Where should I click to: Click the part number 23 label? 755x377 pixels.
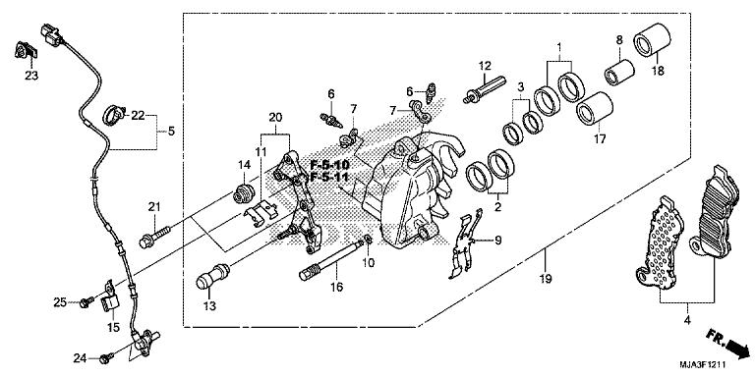[30, 77]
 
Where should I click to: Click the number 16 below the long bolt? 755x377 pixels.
[336, 288]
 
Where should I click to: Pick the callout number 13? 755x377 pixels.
[209, 305]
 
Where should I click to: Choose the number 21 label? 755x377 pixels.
[153, 205]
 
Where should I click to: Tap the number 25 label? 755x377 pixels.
[60, 301]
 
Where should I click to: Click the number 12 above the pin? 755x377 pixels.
[485, 66]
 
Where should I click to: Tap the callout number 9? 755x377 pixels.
[498, 241]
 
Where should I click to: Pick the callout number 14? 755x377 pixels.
[242, 165]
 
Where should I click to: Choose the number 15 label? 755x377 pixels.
[113, 327]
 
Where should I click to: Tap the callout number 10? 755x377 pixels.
[369, 263]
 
